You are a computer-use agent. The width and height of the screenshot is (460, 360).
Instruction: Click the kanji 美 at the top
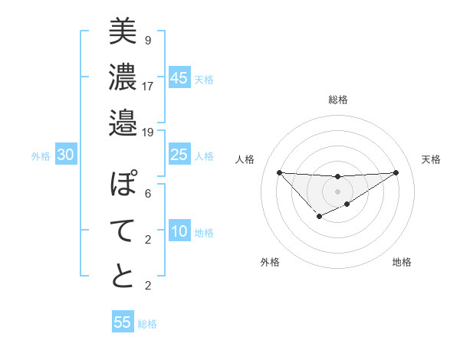coord(123,31)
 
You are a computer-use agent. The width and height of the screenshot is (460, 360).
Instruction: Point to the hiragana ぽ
coord(123,185)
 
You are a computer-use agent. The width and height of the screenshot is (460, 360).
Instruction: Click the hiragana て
coord(123,231)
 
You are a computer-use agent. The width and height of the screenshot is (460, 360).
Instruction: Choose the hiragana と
coord(123,277)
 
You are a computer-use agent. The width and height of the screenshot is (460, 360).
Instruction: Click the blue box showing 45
coord(179,78)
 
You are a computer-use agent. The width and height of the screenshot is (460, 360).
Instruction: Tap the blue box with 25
coord(179,155)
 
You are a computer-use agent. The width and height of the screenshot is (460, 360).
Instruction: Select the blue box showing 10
coord(179,232)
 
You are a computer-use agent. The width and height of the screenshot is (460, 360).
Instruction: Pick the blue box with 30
coord(66,155)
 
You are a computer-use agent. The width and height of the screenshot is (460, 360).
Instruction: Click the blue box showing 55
coord(123,322)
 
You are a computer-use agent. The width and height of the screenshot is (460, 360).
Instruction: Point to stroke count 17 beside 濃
coord(148,86)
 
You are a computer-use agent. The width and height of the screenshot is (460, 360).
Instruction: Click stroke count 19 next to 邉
coord(148,132)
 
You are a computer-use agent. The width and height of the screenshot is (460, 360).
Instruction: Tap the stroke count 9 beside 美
coord(147,40)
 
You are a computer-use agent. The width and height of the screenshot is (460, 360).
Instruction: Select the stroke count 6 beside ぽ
coord(147,194)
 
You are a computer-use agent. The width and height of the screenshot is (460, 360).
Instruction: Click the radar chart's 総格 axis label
coord(338,100)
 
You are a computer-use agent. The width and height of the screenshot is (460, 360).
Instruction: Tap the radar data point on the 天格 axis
coord(396,172)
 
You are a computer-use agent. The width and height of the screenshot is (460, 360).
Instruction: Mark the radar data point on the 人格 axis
coord(279,172)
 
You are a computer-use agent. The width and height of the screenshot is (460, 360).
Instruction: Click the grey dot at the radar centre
coord(338,191)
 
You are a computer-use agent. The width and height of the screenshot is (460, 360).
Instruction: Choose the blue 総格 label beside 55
coord(147,324)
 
